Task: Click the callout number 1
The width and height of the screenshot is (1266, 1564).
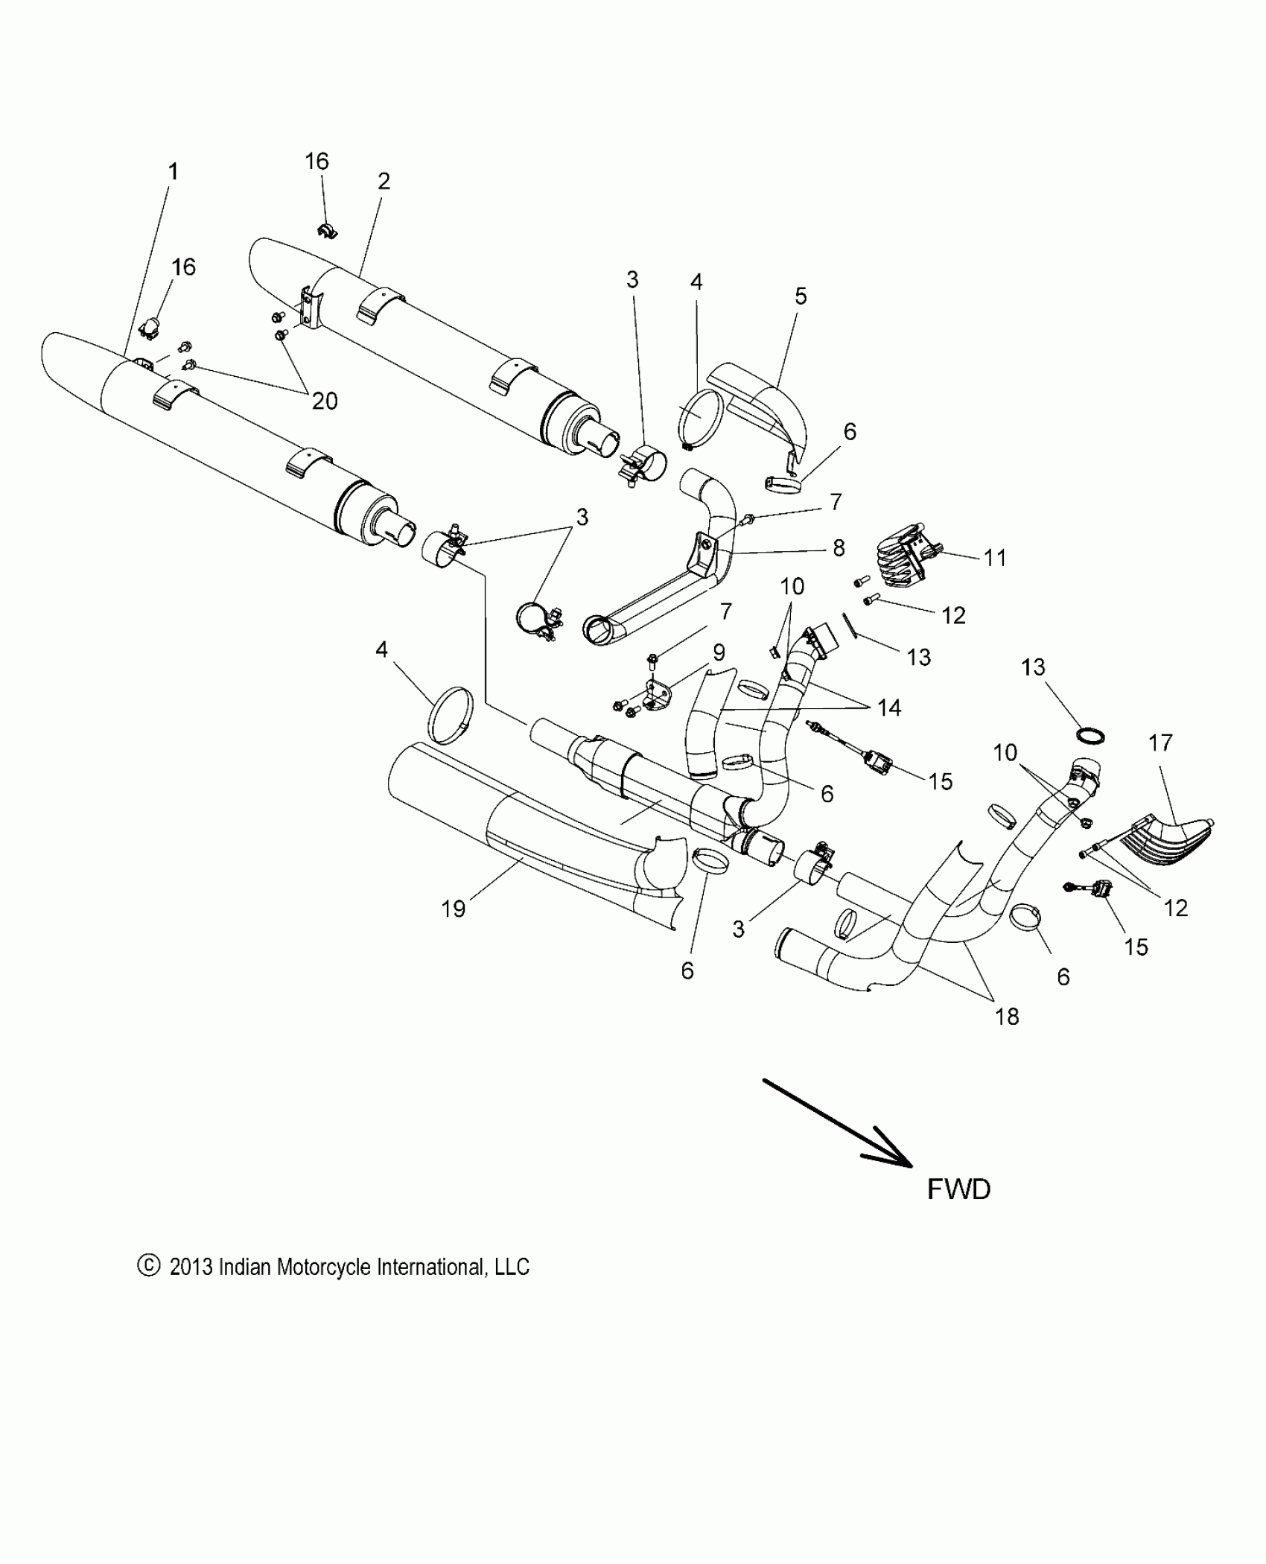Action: [173, 172]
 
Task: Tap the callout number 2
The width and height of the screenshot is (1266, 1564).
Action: [384, 181]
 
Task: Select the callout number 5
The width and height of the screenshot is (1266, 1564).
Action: [801, 296]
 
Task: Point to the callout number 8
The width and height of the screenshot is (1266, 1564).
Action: [839, 548]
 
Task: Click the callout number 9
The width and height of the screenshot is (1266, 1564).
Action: [719, 653]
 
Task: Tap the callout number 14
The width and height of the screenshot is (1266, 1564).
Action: [889, 708]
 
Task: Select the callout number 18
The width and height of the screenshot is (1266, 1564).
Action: [1007, 1017]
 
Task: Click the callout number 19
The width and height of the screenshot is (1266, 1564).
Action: [453, 909]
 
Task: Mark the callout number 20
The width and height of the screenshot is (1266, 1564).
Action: [325, 401]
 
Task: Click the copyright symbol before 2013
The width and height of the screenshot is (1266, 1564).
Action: [149, 1265]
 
